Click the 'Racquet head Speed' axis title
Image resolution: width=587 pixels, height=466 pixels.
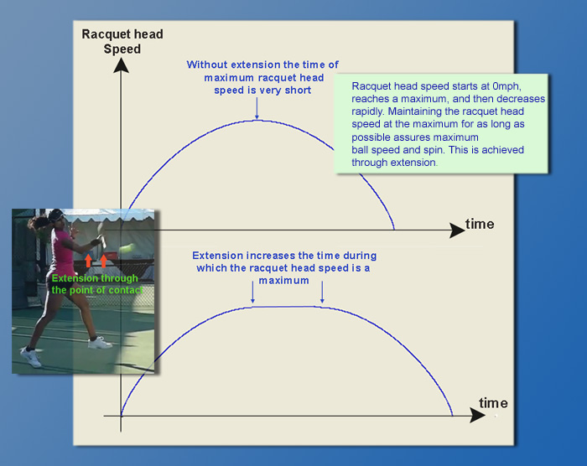click(122, 42)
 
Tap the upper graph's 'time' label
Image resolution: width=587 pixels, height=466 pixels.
click(480, 224)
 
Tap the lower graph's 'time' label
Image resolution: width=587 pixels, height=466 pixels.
click(493, 403)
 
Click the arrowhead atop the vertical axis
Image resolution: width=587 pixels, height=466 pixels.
click(121, 65)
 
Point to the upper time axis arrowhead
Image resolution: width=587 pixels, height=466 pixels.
click(457, 230)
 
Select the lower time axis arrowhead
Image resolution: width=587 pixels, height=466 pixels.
click(477, 416)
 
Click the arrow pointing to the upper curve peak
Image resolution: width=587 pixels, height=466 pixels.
click(257, 108)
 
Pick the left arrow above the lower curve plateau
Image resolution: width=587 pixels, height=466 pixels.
click(252, 292)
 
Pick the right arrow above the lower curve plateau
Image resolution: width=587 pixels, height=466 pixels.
click(322, 292)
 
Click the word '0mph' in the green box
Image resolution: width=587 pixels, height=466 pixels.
click(506, 86)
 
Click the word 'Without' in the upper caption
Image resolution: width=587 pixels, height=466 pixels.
click(207, 65)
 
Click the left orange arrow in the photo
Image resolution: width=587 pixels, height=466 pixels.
click(88, 261)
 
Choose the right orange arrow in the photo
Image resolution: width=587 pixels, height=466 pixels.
click(103, 261)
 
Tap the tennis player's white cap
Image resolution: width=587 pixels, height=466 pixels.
click(56, 215)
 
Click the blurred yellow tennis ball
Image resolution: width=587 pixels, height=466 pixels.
click(127, 248)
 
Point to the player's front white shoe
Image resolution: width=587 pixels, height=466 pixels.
click(100, 343)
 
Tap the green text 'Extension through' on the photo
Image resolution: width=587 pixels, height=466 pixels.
click(95, 278)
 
